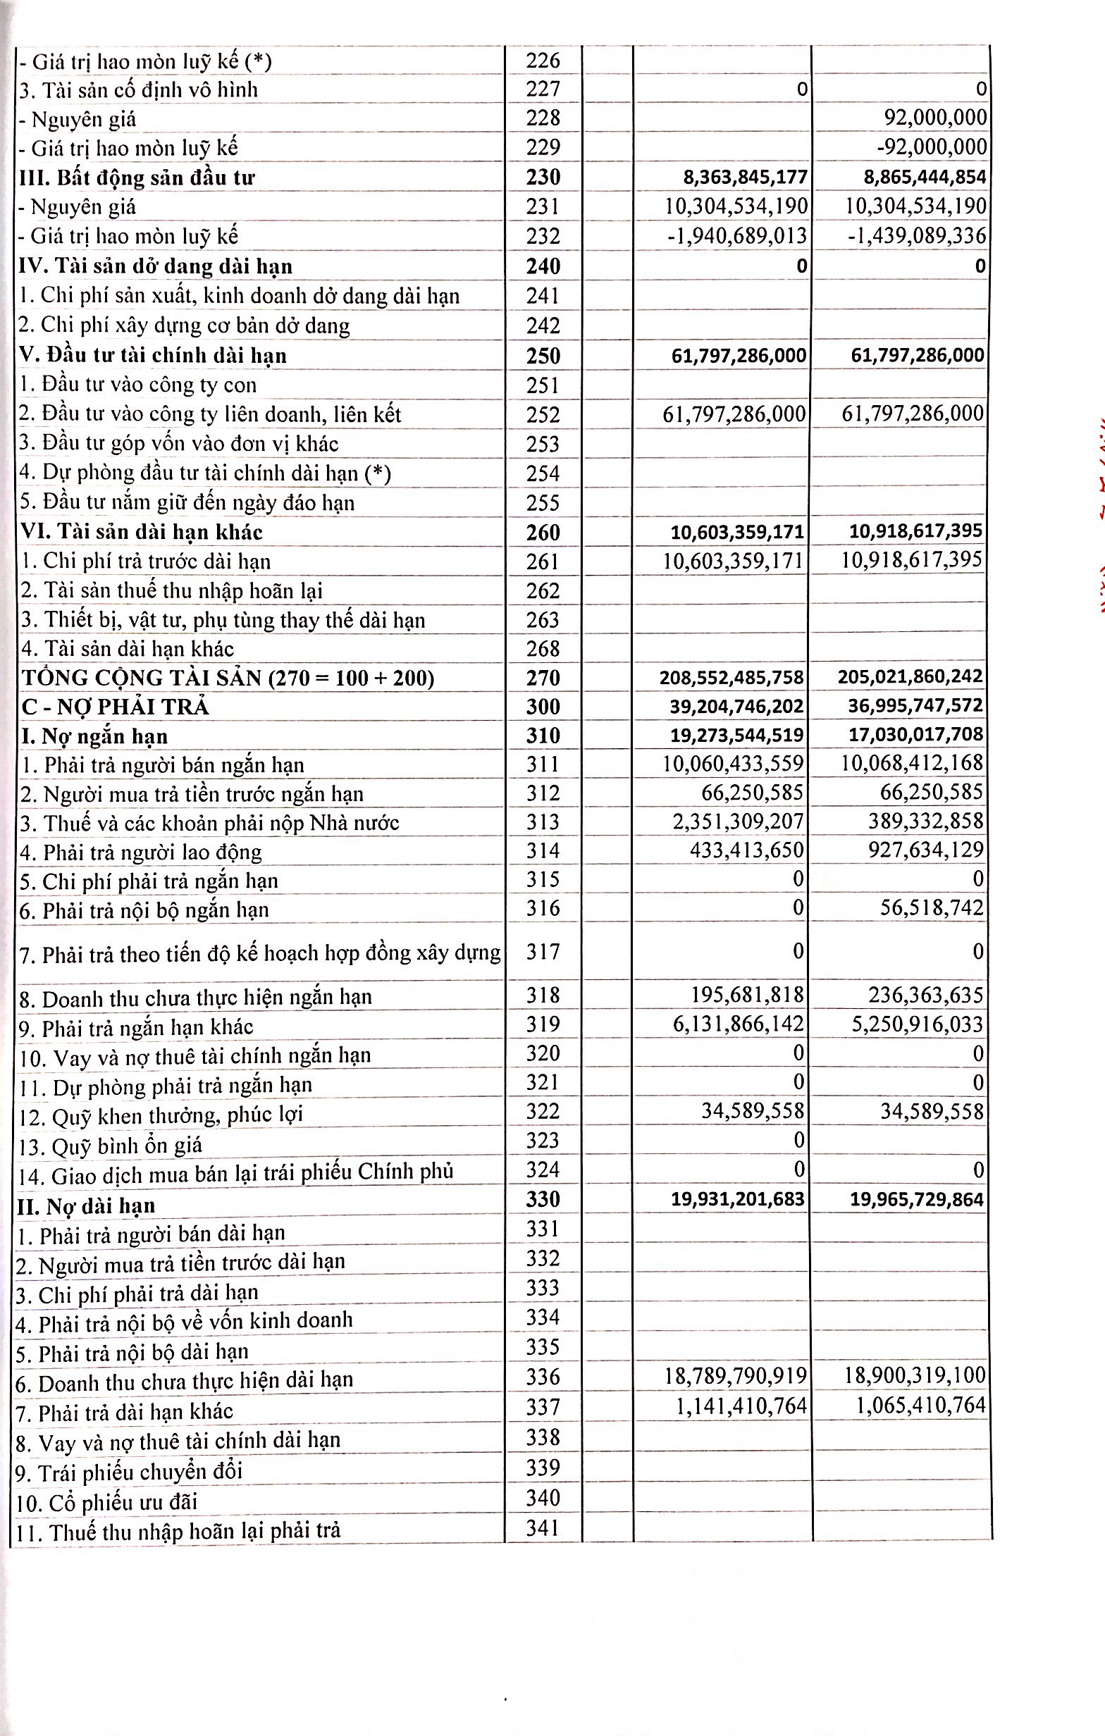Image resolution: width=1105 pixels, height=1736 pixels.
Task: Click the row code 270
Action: click(543, 678)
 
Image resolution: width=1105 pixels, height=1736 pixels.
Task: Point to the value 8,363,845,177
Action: click(745, 178)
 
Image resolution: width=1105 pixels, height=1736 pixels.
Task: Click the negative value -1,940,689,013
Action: click(736, 236)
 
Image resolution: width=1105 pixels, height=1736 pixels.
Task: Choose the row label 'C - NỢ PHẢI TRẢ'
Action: click(116, 707)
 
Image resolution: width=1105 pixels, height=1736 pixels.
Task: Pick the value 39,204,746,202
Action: click(737, 706)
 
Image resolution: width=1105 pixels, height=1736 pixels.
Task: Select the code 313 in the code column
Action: click(543, 823)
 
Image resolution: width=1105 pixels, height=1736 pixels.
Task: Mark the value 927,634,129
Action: click(925, 850)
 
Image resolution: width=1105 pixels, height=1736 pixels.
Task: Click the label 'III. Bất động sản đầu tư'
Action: click(137, 178)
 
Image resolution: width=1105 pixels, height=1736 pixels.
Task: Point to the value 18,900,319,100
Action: click(915, 1375)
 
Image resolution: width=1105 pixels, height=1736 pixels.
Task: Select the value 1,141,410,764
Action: click(741, 1405)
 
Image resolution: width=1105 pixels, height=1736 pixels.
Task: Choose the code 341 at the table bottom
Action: click(543, 1527)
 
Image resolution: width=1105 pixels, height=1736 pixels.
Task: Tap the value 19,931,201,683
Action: click(738, 1200)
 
